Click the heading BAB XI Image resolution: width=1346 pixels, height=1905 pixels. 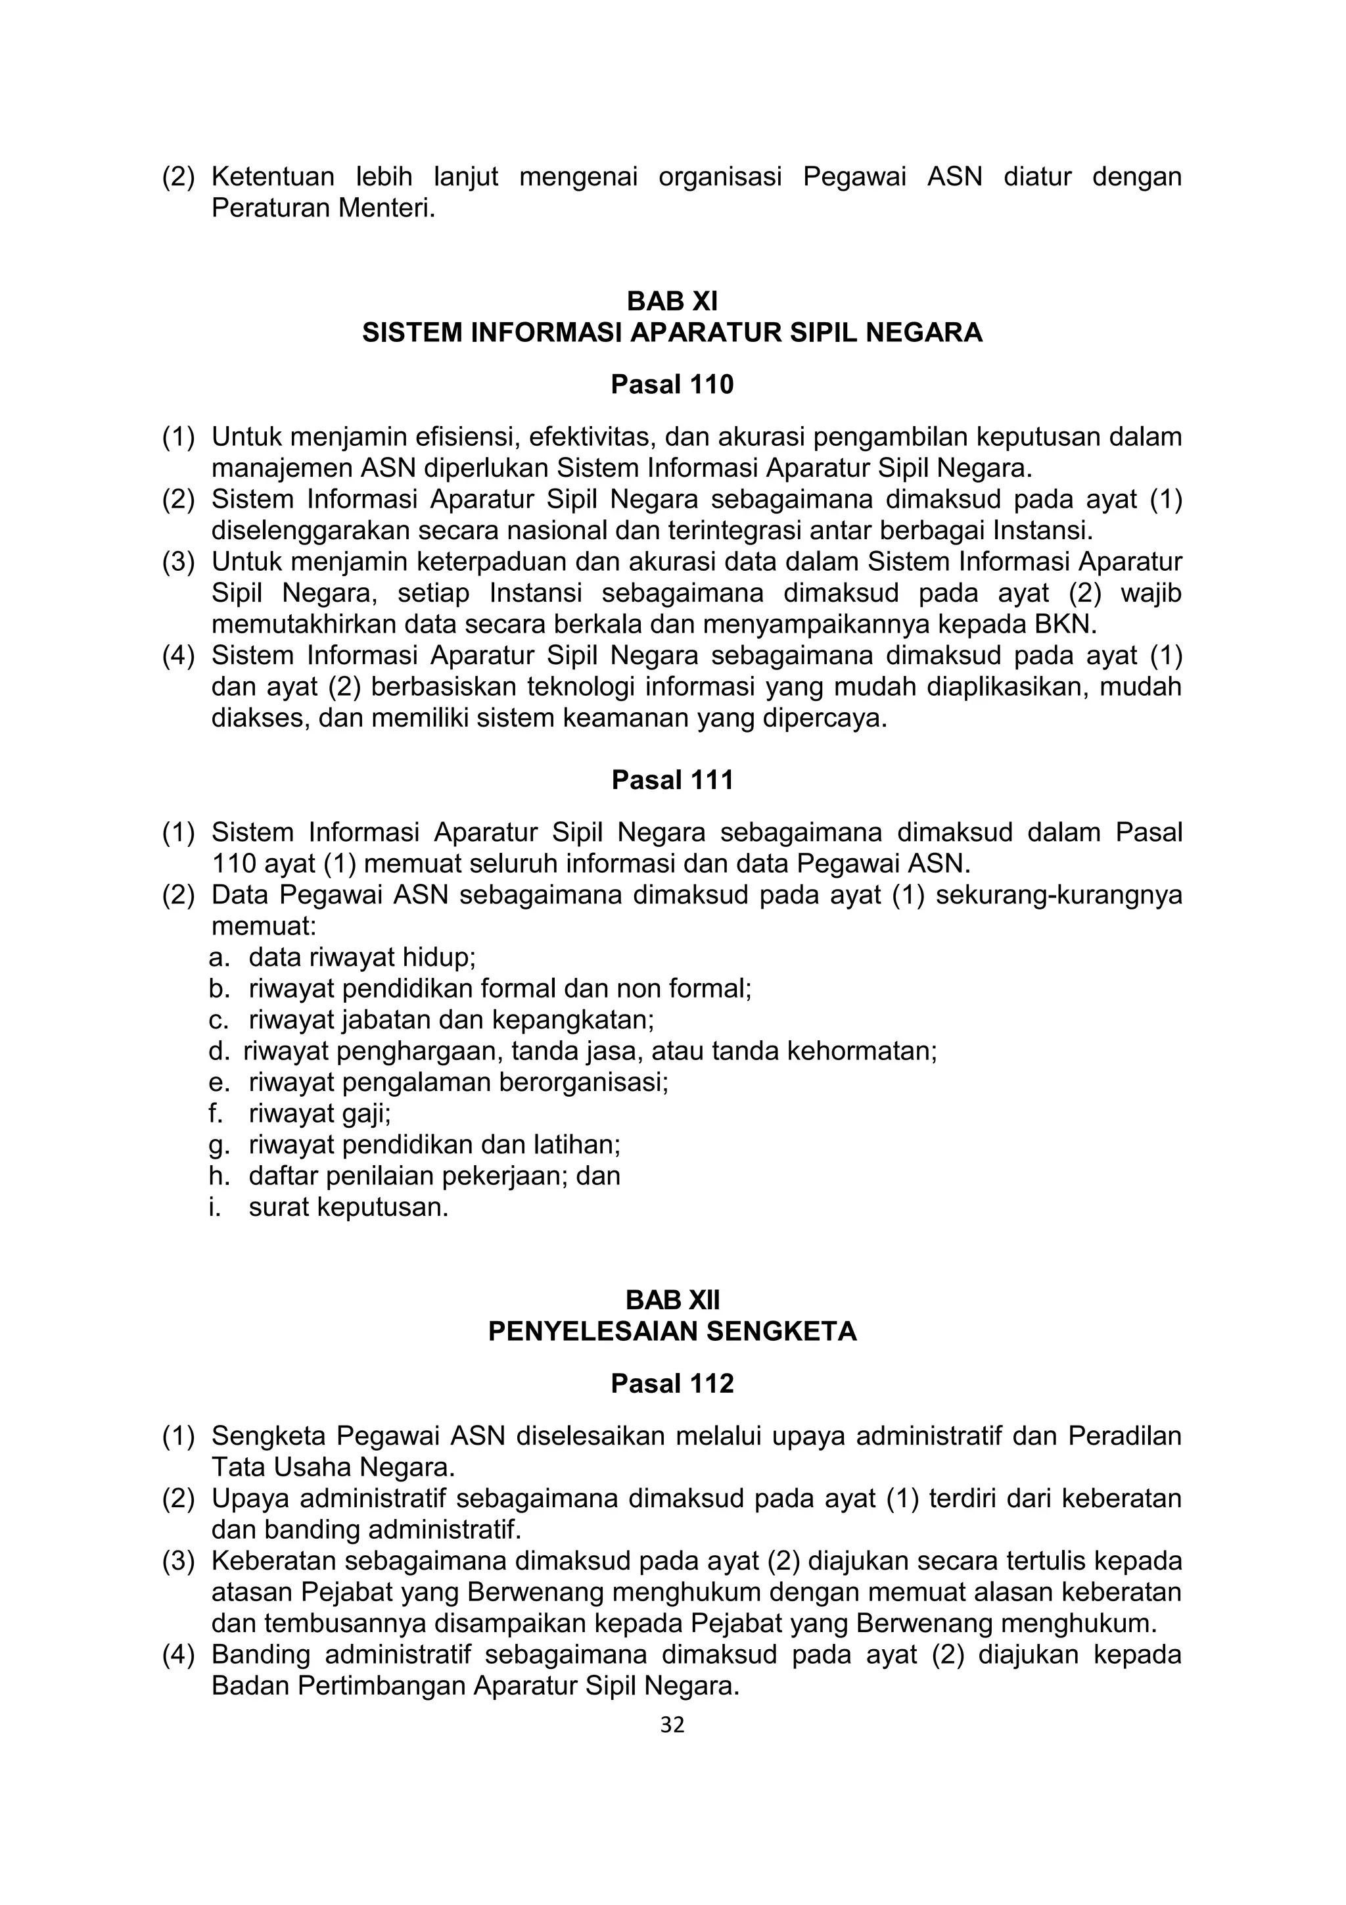click(672, 301)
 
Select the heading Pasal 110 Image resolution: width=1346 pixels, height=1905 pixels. click(672, 385)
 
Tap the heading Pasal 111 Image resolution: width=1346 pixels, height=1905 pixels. click(672, 780)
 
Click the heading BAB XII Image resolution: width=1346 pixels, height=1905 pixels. click(672, 1299)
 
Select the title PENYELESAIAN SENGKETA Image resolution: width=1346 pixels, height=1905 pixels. click(672, 1331)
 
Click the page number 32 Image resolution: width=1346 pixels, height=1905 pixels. click(672, 1725)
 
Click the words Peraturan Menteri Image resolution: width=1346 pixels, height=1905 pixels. click(323, 207)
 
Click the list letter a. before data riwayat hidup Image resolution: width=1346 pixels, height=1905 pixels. click(218, 957)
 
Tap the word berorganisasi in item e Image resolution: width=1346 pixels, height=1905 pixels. click(585, 1082)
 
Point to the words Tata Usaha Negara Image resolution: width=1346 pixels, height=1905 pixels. click(333, 1467)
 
